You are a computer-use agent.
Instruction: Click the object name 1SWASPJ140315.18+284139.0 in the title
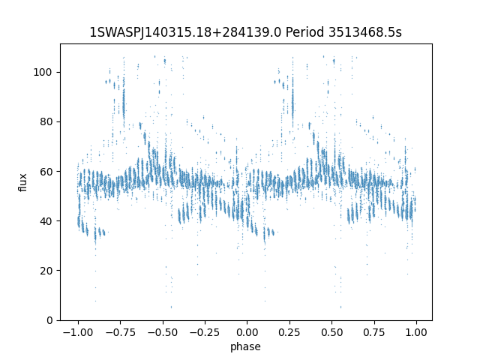coord(185,32)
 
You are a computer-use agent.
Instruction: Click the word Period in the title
coord(304,32)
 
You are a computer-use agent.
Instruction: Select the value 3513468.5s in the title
coord(365,32)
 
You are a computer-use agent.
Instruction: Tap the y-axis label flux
coord(23,182)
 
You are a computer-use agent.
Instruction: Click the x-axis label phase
coord(245,346)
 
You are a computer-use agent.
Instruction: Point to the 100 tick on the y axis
coord(43,72)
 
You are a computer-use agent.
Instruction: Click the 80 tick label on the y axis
coord(46,121)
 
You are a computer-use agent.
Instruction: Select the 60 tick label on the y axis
coord(46,172)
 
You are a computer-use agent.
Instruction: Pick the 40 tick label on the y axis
coord(46,221)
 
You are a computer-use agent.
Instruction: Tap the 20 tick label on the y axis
coord(46,271)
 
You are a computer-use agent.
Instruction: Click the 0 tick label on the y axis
coord(49,320)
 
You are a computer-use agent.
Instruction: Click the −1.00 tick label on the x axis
coord(78,332)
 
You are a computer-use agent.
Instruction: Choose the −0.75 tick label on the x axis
coord(120,332)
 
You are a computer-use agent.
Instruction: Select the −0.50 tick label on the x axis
coord(163,332)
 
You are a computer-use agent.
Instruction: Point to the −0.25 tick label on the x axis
coord(205,332)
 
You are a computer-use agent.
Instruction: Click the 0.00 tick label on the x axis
coord(247,332)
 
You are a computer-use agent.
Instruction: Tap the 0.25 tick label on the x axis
coord(289,332)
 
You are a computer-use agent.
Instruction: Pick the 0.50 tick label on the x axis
coord(331,332)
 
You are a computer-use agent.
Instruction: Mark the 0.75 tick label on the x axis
coord(374,332)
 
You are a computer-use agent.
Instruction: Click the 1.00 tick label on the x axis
coord(416,332)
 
